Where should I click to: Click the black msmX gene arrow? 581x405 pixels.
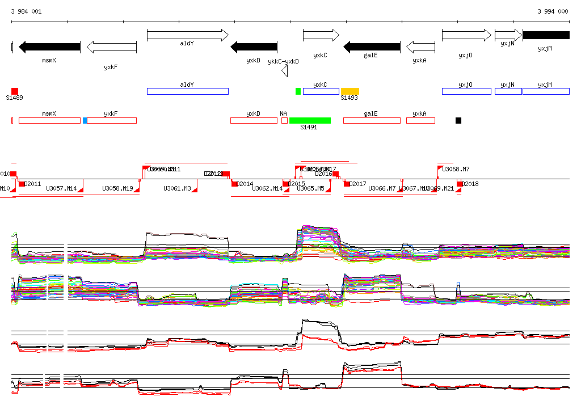[x=50, y=47]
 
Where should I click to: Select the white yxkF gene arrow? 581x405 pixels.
[x=112, y=47]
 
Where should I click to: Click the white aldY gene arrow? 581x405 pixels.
[x=187, y=35]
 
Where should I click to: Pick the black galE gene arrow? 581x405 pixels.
[x=372, y=47]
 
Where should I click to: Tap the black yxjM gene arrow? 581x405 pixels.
[x=545, y=35]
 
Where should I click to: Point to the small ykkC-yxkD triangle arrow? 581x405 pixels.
[x=285, y=71]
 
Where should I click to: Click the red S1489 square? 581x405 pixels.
[x=15, y=91]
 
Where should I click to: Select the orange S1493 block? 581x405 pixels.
[x=350, y=91]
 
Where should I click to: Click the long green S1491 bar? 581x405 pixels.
[x=310, y=120]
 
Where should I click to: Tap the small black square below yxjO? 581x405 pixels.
[x=458, y=120]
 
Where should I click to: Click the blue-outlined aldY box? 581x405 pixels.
[x=187, y=91]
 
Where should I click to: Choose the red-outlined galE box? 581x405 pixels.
[x=372, y=120]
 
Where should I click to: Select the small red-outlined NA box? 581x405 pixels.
[x=284, y=120]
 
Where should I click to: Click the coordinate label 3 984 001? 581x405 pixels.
[x=26, y=11]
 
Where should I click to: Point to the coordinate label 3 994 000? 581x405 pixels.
[x=553, y=11]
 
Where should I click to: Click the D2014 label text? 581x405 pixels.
[x=245, y=184]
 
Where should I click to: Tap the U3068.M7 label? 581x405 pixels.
[x=456, y=169]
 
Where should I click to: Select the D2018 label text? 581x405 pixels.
[x=470, y=184]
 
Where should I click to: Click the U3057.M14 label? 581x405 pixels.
[x=61, y=188]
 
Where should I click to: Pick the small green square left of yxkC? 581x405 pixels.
[x=298, y=91]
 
